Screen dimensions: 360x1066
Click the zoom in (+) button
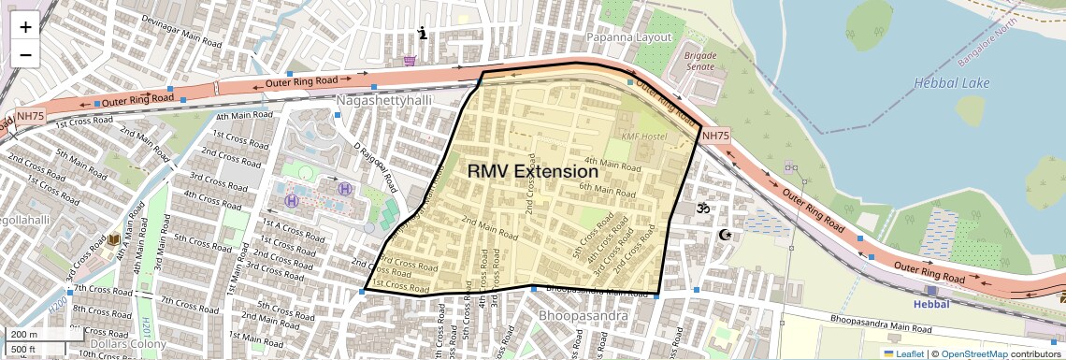[x=25, y=26]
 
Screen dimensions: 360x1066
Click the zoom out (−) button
[x=25, y=54]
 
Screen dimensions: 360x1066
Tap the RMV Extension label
[x=532, y=172]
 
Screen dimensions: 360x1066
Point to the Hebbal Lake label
[x=951, y=83]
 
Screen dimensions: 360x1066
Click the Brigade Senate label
[x=701, y=61]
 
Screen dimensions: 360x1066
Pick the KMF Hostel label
[x=643, y=137]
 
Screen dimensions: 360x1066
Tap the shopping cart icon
[x=410, y=62]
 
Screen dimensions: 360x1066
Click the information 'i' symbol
[x=423, y=34]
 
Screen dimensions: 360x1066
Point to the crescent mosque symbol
[x=723, y=234]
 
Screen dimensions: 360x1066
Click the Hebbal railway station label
[x=930, y=304]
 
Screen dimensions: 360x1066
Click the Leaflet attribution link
[x=902, y=353]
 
